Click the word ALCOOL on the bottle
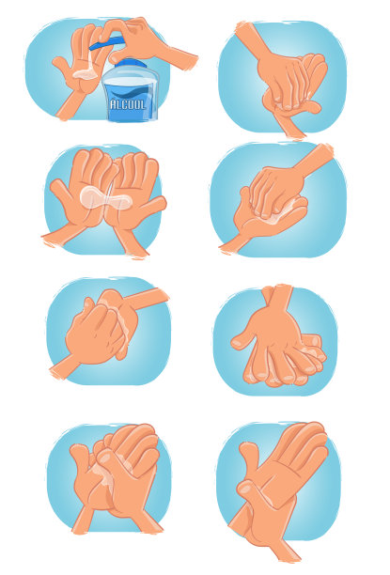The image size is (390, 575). [128, 104]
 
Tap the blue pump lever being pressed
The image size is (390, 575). [106, 42]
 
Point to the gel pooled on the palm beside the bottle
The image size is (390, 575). [86, 73]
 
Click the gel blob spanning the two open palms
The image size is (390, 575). [105, 198]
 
